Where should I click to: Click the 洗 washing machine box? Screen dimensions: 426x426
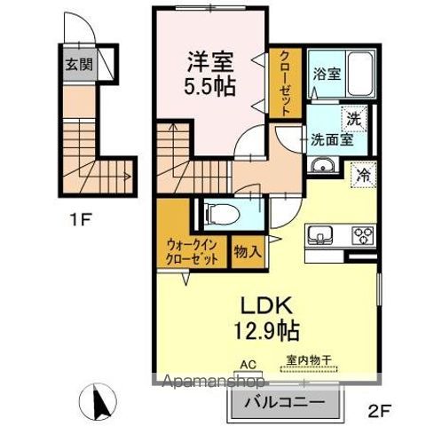(x=354, y=118)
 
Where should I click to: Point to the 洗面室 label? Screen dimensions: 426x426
(x=330, y=138)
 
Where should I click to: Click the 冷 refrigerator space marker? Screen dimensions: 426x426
(x=362, y=176)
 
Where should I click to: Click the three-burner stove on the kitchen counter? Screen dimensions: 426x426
(x=362, y=236)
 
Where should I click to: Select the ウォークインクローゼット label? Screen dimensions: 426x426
(x=191, y=251)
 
